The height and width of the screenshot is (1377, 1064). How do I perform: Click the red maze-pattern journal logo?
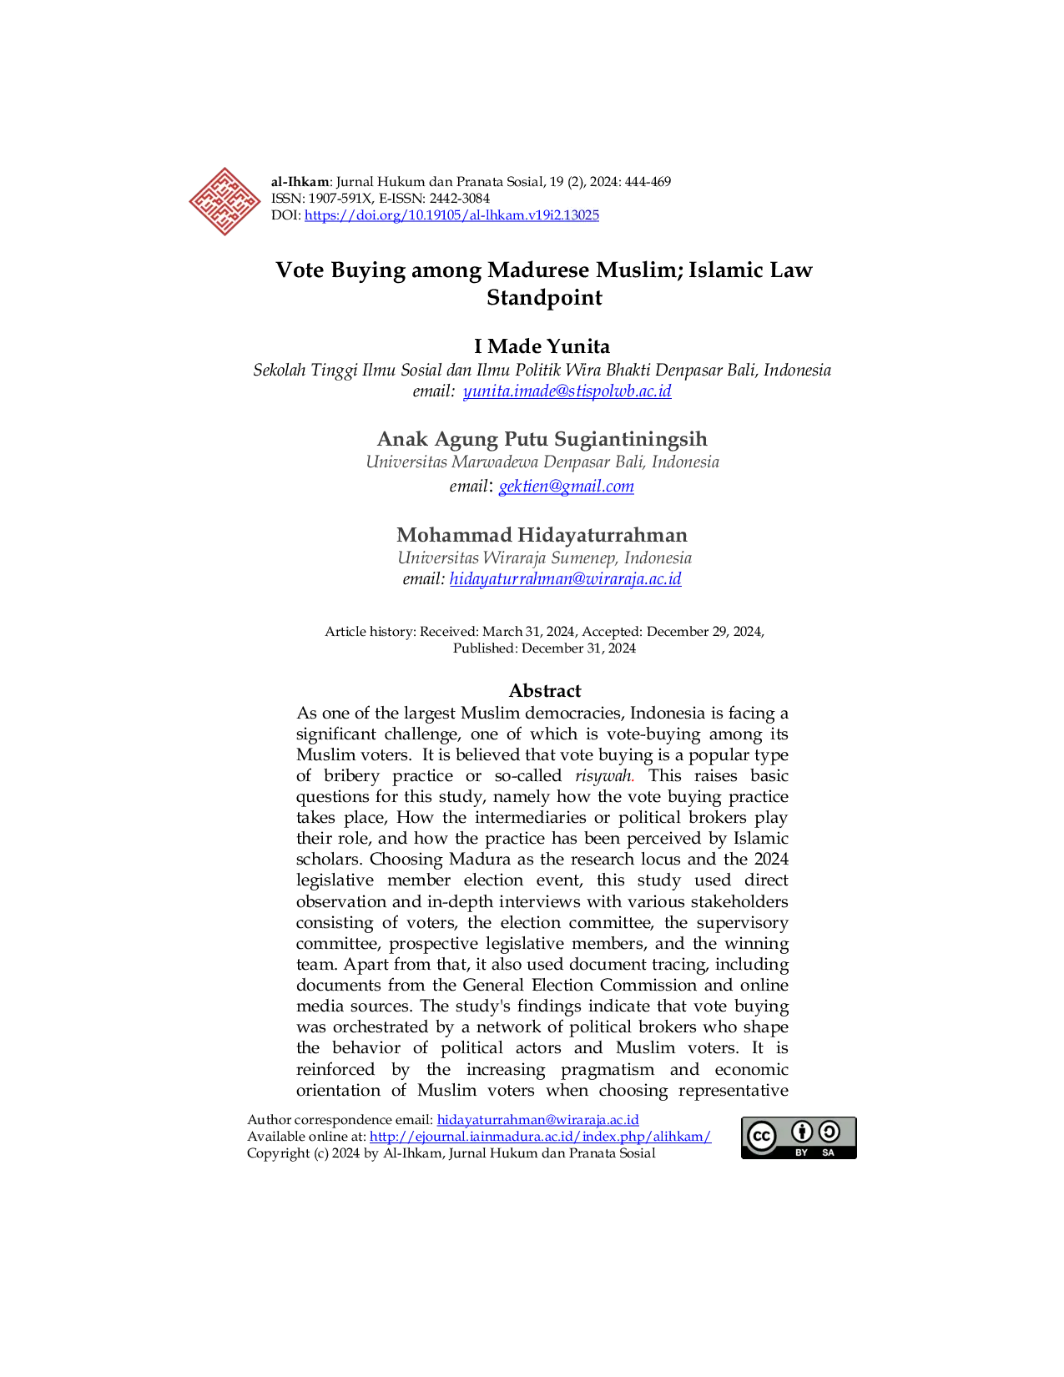click(224, 202)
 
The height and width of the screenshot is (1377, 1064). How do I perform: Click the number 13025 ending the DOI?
click(582, 215)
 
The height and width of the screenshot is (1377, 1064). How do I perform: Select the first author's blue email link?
click(567, 391)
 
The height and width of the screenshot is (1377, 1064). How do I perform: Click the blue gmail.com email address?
click(566, 487)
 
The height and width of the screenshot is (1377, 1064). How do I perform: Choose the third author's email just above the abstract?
click(567, 579)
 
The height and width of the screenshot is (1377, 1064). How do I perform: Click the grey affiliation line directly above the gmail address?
click(543, 463)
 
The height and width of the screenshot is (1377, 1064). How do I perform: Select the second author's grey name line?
click(540, 438)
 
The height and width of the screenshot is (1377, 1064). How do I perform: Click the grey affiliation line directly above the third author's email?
click(543, 557)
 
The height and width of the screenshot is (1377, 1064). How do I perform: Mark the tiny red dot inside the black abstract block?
click(633, 782)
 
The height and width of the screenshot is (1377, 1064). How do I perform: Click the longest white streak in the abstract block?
click(454, 764)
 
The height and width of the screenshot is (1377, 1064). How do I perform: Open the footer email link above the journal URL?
click(537, 1119)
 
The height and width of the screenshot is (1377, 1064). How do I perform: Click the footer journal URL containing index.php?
click(541, 1137)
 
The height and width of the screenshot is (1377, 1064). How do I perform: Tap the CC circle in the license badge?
click(761, 1136)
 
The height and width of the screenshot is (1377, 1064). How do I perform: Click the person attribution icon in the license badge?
click(802, 1132)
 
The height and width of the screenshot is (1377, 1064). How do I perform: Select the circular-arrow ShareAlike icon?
click(829, 1132)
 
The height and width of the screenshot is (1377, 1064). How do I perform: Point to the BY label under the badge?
click(801, 1153)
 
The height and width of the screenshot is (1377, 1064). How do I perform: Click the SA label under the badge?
click(828, 1153)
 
